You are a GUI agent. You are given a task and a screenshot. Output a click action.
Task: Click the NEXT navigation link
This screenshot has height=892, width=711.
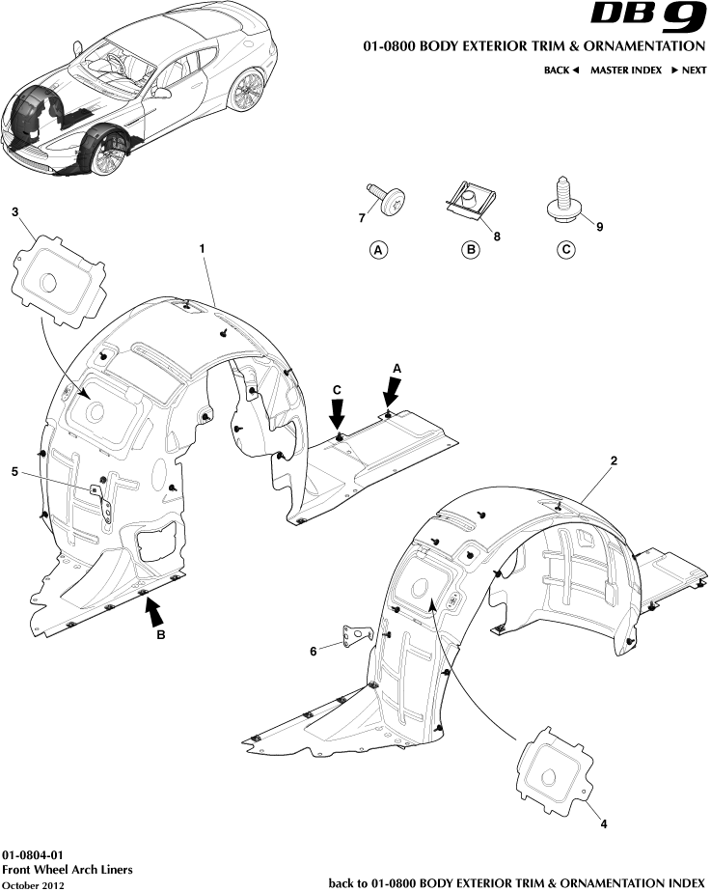click(x=689, y=70)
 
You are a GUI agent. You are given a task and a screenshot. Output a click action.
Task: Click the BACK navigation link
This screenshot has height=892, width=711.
click(x=561, y=70)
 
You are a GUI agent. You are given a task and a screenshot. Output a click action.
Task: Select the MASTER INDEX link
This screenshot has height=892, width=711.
click(x=626, y=70)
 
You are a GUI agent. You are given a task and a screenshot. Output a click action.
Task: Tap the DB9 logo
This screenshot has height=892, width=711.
click(x=648, y=17)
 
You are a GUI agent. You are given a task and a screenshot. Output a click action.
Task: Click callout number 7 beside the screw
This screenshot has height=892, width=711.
click(x=362, y=218)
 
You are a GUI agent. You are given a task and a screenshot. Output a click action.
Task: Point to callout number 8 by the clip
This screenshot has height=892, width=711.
click(x=497, y=236)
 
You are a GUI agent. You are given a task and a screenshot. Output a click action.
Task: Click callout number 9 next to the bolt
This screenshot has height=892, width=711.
click(x=600, y=227)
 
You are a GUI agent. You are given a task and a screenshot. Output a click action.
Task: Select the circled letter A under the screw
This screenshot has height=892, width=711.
click(x=378, y=250)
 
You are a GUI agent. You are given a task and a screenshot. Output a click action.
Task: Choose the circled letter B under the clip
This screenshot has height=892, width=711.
click(x=471, y=250)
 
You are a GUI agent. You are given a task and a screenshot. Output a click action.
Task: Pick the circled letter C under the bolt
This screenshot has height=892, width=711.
click(x=565, y=250)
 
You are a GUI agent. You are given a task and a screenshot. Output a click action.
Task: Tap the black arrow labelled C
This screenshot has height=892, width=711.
click(x=338, y=414)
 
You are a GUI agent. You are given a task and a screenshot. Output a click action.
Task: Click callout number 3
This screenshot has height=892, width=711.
click(x=14, y=212)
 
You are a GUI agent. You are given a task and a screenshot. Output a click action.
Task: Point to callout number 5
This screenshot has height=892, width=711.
click(x=14, y=472)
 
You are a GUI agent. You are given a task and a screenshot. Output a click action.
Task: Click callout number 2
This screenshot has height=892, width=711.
click(x=614, y=460)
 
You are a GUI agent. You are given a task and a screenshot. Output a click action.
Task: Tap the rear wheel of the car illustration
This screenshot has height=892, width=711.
click(x=247, y=90)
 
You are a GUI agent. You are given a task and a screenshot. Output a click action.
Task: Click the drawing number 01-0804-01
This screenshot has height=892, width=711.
click(x=33, y=855)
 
